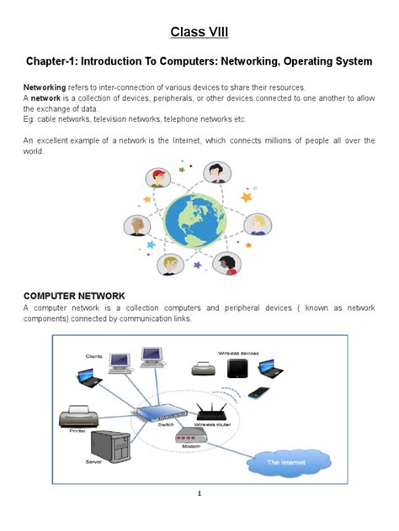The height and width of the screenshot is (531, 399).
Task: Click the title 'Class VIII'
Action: pos(199,33)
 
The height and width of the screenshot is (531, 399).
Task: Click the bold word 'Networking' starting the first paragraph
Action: pos(45,87)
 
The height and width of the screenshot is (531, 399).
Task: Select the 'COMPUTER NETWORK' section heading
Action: pos(74,296)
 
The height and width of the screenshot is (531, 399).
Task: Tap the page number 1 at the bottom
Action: pos(199,494)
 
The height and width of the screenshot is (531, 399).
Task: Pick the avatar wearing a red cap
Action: pos(158,177)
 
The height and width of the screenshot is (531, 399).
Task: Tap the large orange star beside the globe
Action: pos(246,197)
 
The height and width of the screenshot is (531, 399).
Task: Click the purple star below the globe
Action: pos(198,265)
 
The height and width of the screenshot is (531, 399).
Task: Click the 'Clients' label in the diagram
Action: pos(93,357)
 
